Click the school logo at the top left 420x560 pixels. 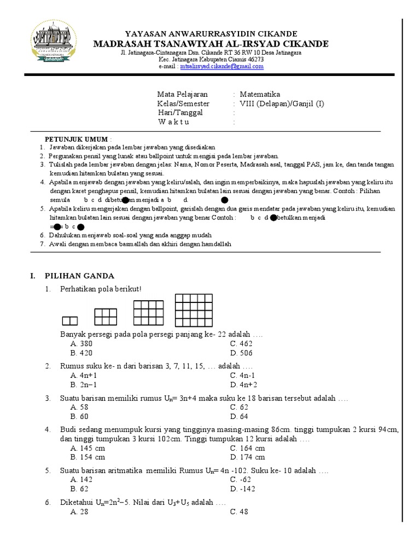pos(54,43)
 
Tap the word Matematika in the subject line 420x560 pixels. pos(260,95)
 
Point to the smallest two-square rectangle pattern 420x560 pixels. pos(69,321)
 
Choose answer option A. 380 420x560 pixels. pos(82,343)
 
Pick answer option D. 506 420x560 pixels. pos(241,353)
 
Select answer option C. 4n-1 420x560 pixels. pos(243,375)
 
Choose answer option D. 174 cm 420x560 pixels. pos(248,457)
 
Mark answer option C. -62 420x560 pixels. pos(242,480)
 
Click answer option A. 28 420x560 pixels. pos(80,512)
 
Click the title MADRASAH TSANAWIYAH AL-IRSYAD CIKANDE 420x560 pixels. pos(211,44)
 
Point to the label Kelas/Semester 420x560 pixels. pos(183,103)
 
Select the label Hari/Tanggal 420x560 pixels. pos(180,113)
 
